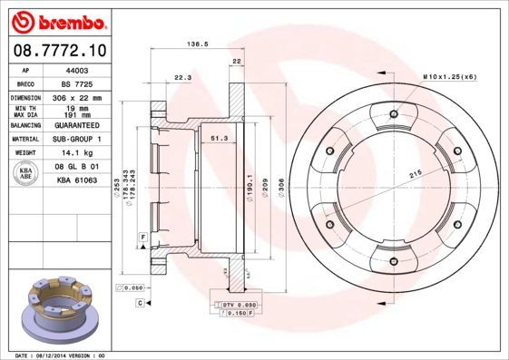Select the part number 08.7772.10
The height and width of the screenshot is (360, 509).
(x=60, y=48)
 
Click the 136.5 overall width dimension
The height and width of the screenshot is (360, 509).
(x=192, y=43)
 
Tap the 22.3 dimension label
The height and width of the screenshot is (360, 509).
(x=182, y=77)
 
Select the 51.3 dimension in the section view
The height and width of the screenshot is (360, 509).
(x=218, y=137)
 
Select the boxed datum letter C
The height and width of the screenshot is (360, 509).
(x=140, y=302)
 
